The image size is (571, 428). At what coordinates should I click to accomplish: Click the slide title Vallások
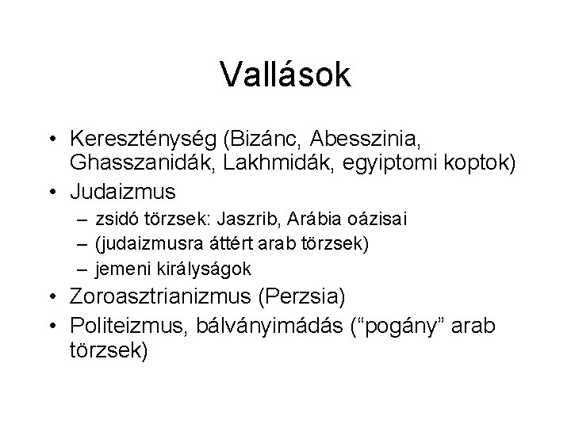285,75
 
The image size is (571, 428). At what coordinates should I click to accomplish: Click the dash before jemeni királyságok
83,269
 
